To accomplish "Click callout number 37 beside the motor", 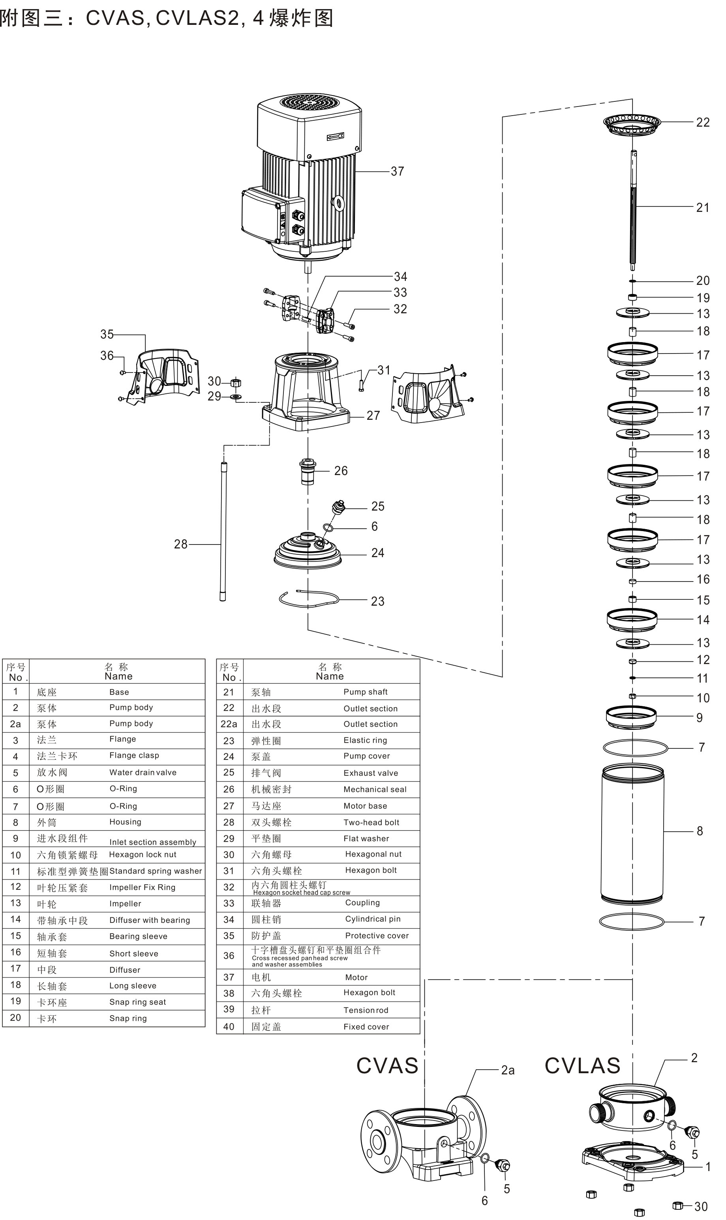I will pyautogui.click(x=397, y=172).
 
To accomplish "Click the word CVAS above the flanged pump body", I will pyautogui.click(x=387, y=1066).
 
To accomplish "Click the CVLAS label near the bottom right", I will pyautogui.click(x=582, y=1066).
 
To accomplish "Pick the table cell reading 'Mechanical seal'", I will pyautogui.click(x=375, y=789).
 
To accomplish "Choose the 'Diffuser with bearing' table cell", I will pyautogui.click(x=150, y=920).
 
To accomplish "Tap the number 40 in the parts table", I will pyautogui.click(x=229, y=1027).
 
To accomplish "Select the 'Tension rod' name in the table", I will pyautogui.click(x=366, y=1010).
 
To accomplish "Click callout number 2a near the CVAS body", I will pyautogui.click(x=508, y=1070).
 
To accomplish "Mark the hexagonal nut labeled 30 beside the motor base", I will pyautogui.click(x=235, y=382).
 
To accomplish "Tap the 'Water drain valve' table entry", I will pyautogui.click(x=143, y=773).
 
